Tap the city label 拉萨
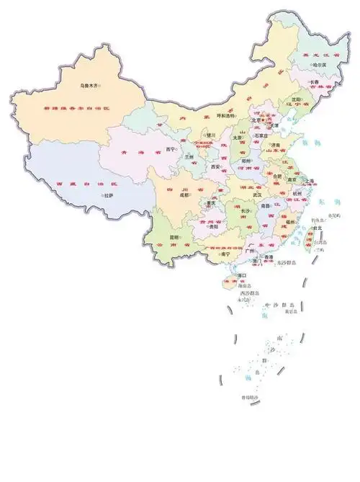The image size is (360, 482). coord(108,195)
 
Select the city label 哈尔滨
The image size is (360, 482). coord(319,64)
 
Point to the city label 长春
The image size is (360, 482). coord(314,81)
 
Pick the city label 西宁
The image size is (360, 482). coord(171,149)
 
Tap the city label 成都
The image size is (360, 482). coord(184,195)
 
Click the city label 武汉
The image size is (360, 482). coord(257,195)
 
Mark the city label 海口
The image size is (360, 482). coord(243,275)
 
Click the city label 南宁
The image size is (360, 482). coord(226,254)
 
